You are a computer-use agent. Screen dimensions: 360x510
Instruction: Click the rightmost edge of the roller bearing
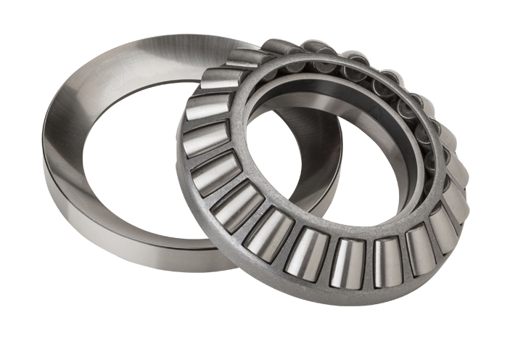(469, 181)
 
